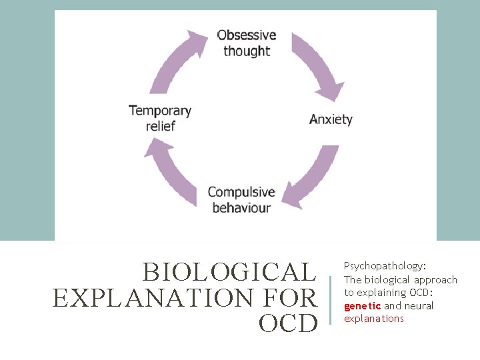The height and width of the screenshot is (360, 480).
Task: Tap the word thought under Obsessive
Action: click(x=247, y=51)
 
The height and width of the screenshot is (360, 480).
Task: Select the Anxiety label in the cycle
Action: click(x=331, y=120)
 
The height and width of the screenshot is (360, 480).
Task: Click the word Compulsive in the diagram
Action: click(x=241, y=192)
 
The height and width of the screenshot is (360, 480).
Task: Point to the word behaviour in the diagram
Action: click(x=241, y=208)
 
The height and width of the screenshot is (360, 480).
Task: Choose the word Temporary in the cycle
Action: click(x=159, y=110)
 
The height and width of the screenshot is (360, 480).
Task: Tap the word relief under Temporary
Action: click(x=160, y=125)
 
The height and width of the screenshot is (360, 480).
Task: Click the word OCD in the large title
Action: click(x=288, y=323)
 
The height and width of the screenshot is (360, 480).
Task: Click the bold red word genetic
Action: click(x=362, y=305)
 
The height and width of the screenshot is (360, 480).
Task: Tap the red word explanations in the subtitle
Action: click(x=374, y=319)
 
